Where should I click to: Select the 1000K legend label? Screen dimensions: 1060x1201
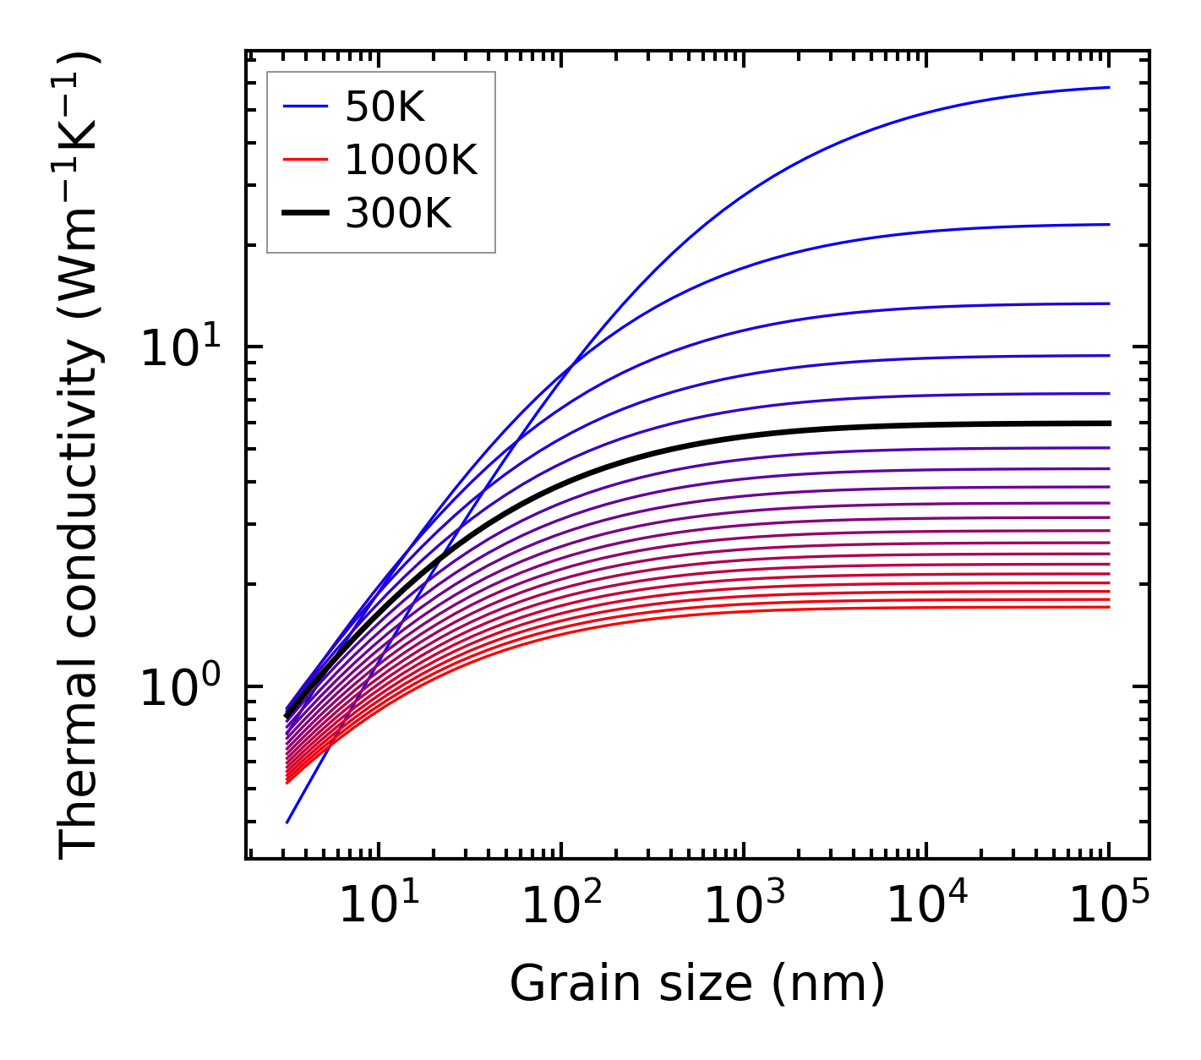[411, 160]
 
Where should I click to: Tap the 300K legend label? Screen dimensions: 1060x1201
[398, 214]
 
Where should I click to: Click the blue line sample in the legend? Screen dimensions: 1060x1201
[304, 107]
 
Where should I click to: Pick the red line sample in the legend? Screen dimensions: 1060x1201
[304, 160]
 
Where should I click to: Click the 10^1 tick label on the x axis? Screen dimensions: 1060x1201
[378, 908]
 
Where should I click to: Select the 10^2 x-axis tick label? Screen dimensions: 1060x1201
[560, 908]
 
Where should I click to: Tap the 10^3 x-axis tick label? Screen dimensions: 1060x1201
[743, 908]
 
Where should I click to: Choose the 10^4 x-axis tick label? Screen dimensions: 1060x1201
[925, 908]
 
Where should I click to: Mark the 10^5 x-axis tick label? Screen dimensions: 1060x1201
[1108, 908]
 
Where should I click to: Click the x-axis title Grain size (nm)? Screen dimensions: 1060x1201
[697, 985]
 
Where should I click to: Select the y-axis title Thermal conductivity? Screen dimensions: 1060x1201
[80, 456]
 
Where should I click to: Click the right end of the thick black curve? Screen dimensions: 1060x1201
[1108, 423]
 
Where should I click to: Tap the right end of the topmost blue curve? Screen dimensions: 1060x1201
[1108, 87]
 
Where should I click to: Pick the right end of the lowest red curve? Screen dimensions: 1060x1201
[1108, 607]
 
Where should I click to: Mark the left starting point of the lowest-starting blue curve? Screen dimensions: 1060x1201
[287, 822]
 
